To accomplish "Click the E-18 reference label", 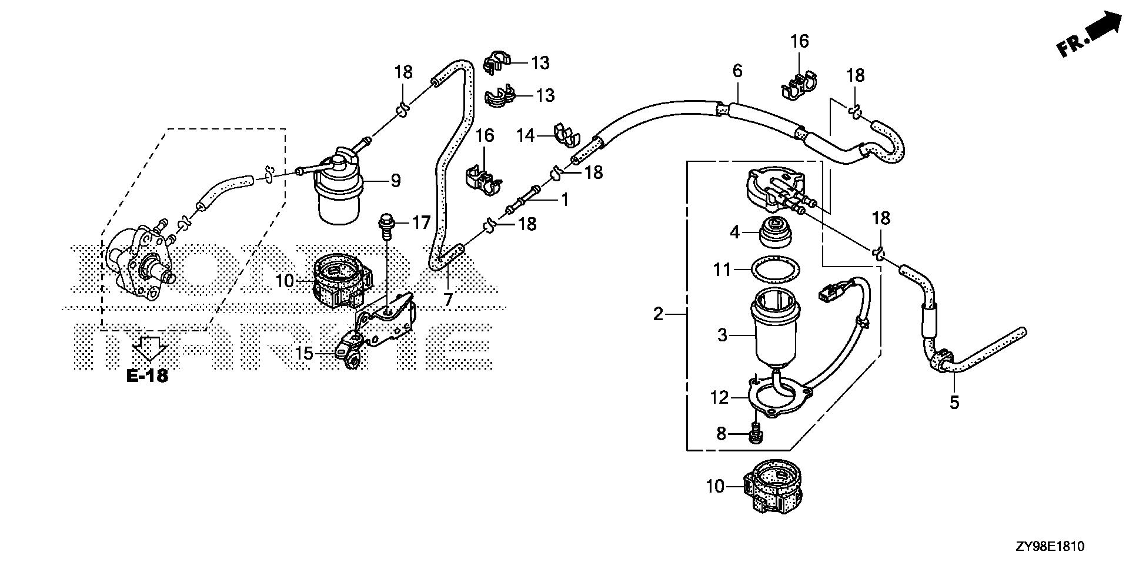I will pos(147,376).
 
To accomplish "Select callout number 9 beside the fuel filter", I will pos(395,181).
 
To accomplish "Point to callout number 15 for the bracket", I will pos(304,354).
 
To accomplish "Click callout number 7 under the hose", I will pos(448,300).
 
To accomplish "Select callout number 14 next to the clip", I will pos(525,136).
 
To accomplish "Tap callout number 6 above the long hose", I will pos(737,71).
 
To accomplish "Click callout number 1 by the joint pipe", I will pos(564,201).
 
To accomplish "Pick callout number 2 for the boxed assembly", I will pos(659,314).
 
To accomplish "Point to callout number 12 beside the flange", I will pos(719,398).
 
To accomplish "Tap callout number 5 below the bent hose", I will pos(954,403).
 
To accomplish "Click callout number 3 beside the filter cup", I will pos(723,335).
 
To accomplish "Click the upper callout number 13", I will pos(540,62).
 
